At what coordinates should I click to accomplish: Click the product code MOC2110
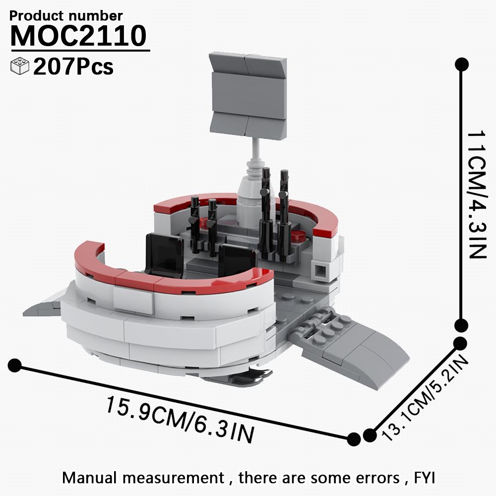click(x=78, y=36)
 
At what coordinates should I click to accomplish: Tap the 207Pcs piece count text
click(x=73, y=67)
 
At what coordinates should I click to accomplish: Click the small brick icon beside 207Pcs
click(x=20, y=66)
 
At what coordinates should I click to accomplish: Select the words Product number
click(x=66, y=15)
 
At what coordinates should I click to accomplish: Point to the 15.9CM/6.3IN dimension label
click(x=180, y=420)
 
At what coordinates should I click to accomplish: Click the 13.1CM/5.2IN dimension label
click(x=425, y=398)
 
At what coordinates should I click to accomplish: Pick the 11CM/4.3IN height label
click(x=476, y=194)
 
